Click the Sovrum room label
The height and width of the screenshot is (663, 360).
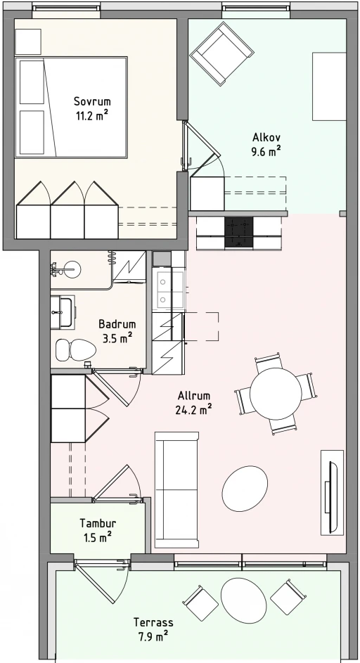coord(92,101)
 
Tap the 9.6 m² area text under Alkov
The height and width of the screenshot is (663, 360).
coord(266,151)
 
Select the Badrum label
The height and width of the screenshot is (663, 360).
coord(117,324)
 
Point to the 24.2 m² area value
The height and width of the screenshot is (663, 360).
coord(194,409)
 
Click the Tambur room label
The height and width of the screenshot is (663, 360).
coord(98,524)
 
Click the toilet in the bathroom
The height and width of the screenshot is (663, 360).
coord(76,349)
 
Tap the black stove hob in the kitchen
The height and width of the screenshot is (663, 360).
coord(238,233)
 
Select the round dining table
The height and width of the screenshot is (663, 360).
coord(276,394)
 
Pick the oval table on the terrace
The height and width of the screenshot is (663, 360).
coord(244,600)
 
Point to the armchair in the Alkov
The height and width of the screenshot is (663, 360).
coord(221,53)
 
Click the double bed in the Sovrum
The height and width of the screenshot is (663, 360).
coord(71,108)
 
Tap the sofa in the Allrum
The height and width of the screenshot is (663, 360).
coord(176,489)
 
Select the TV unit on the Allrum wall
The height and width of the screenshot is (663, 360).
coord(332,492)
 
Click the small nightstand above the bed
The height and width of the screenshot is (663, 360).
coord(28,41)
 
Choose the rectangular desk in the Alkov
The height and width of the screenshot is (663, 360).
coord(329,86)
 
